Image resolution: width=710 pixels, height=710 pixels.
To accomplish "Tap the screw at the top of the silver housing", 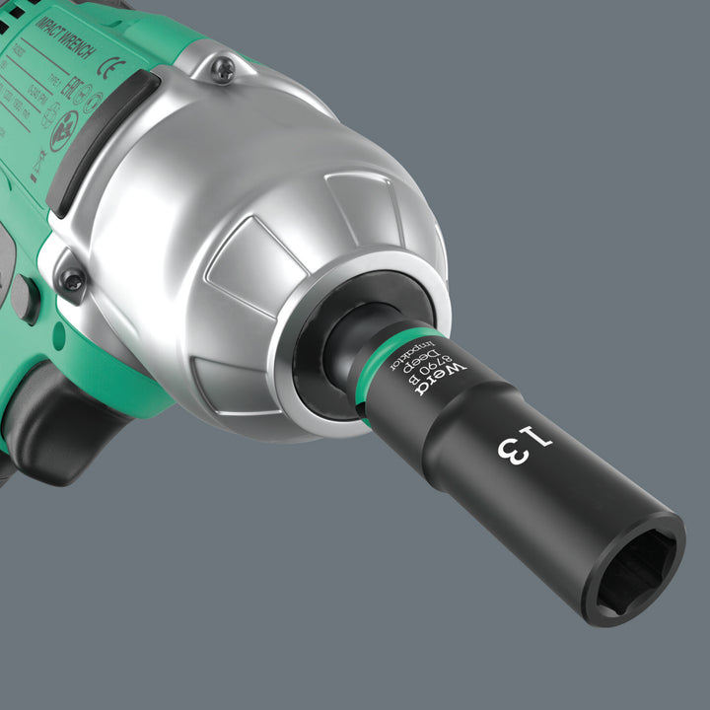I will pyautogui.click(x=223, y=69).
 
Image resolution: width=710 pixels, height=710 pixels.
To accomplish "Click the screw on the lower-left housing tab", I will pyautogui.click(x=71, y=281).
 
